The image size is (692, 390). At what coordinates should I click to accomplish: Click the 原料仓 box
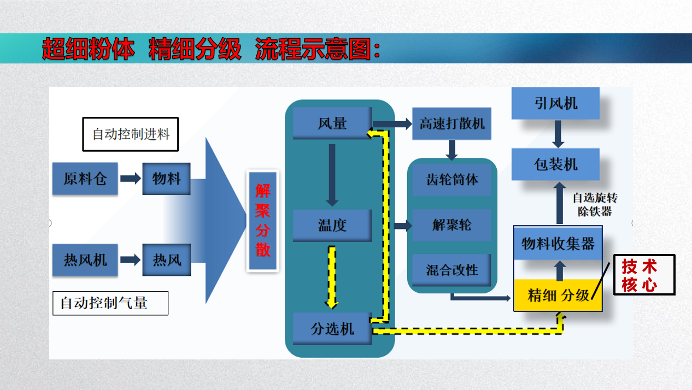(85, 179)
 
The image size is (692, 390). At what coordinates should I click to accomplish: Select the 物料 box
(166, 179)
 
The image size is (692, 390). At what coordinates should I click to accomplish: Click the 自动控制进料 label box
(131, 134)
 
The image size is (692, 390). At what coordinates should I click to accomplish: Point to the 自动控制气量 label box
(110, 303)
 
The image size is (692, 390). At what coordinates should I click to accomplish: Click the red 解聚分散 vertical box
(263, 221)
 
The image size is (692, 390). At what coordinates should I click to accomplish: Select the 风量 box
(332, 123)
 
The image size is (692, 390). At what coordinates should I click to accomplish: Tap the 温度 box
(332, 225)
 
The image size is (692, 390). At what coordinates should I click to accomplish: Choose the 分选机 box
(332, 329)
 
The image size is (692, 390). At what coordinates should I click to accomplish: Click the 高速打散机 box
(452, 123)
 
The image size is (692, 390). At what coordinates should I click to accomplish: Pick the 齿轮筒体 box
(451, 180)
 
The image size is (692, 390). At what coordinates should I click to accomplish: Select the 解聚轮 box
(451, 225)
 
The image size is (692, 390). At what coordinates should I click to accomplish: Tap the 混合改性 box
(451, 270)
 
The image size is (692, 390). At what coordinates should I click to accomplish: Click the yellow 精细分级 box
(558, 296)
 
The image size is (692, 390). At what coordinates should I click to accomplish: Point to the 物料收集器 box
(558, 244)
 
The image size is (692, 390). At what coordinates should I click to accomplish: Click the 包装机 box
(555, 164)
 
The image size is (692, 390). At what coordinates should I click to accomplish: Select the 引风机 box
(555, 103)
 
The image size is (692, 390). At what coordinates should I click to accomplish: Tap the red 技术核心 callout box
(644, 275)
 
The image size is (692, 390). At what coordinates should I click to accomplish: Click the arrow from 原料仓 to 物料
(130, 179)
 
